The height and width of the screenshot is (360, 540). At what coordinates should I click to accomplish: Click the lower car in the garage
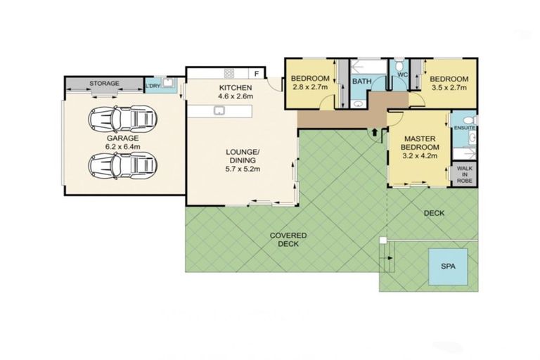[120, 165]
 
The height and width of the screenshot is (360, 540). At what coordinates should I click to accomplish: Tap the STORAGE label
[104, 84]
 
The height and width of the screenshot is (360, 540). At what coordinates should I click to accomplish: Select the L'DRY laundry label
[152, 86]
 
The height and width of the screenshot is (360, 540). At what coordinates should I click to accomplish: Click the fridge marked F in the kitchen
[257, 73]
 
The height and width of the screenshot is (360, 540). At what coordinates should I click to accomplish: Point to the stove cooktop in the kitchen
[230, 73]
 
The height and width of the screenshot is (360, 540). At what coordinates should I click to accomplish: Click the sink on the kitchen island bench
[219, 110]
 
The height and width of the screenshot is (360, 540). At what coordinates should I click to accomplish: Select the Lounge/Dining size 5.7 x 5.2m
[242, 169]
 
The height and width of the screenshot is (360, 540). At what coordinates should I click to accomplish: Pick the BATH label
[362, 82]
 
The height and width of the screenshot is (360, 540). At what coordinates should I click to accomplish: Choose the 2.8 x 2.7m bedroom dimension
[310, 89]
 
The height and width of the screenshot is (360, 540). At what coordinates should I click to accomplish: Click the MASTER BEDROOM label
[419, 143]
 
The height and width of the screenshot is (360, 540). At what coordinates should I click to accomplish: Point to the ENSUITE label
[465, 128]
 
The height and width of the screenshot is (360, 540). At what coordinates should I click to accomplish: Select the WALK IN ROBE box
[465, 174]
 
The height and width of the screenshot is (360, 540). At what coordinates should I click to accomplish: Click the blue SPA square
[448, 267]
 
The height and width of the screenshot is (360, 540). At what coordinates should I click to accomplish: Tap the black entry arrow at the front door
[375, 131]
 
